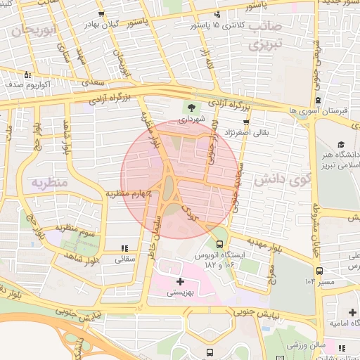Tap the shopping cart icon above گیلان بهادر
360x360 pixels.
(x=103, y=14)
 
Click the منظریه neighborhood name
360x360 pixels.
(x=49, y=183)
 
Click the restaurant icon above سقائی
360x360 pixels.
(x=124, y=247)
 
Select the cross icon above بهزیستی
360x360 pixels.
(x=180, y=281)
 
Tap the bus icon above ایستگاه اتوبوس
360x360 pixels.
(x=219, y=244)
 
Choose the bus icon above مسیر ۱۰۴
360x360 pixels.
(x=320, y=270)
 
